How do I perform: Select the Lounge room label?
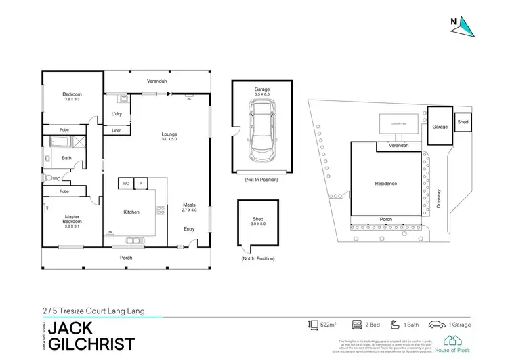(x=169, y=134)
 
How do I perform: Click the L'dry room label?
(x=116, y=113)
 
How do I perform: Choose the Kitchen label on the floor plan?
(x=131, y=212)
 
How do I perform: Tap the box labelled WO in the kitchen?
(x=126, y=183)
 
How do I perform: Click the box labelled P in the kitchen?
(x=142, y=183)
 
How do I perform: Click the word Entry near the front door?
(x=189, y=228)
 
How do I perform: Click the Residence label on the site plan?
(x=385, y=184)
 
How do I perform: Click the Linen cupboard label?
(x=117, y=129)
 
